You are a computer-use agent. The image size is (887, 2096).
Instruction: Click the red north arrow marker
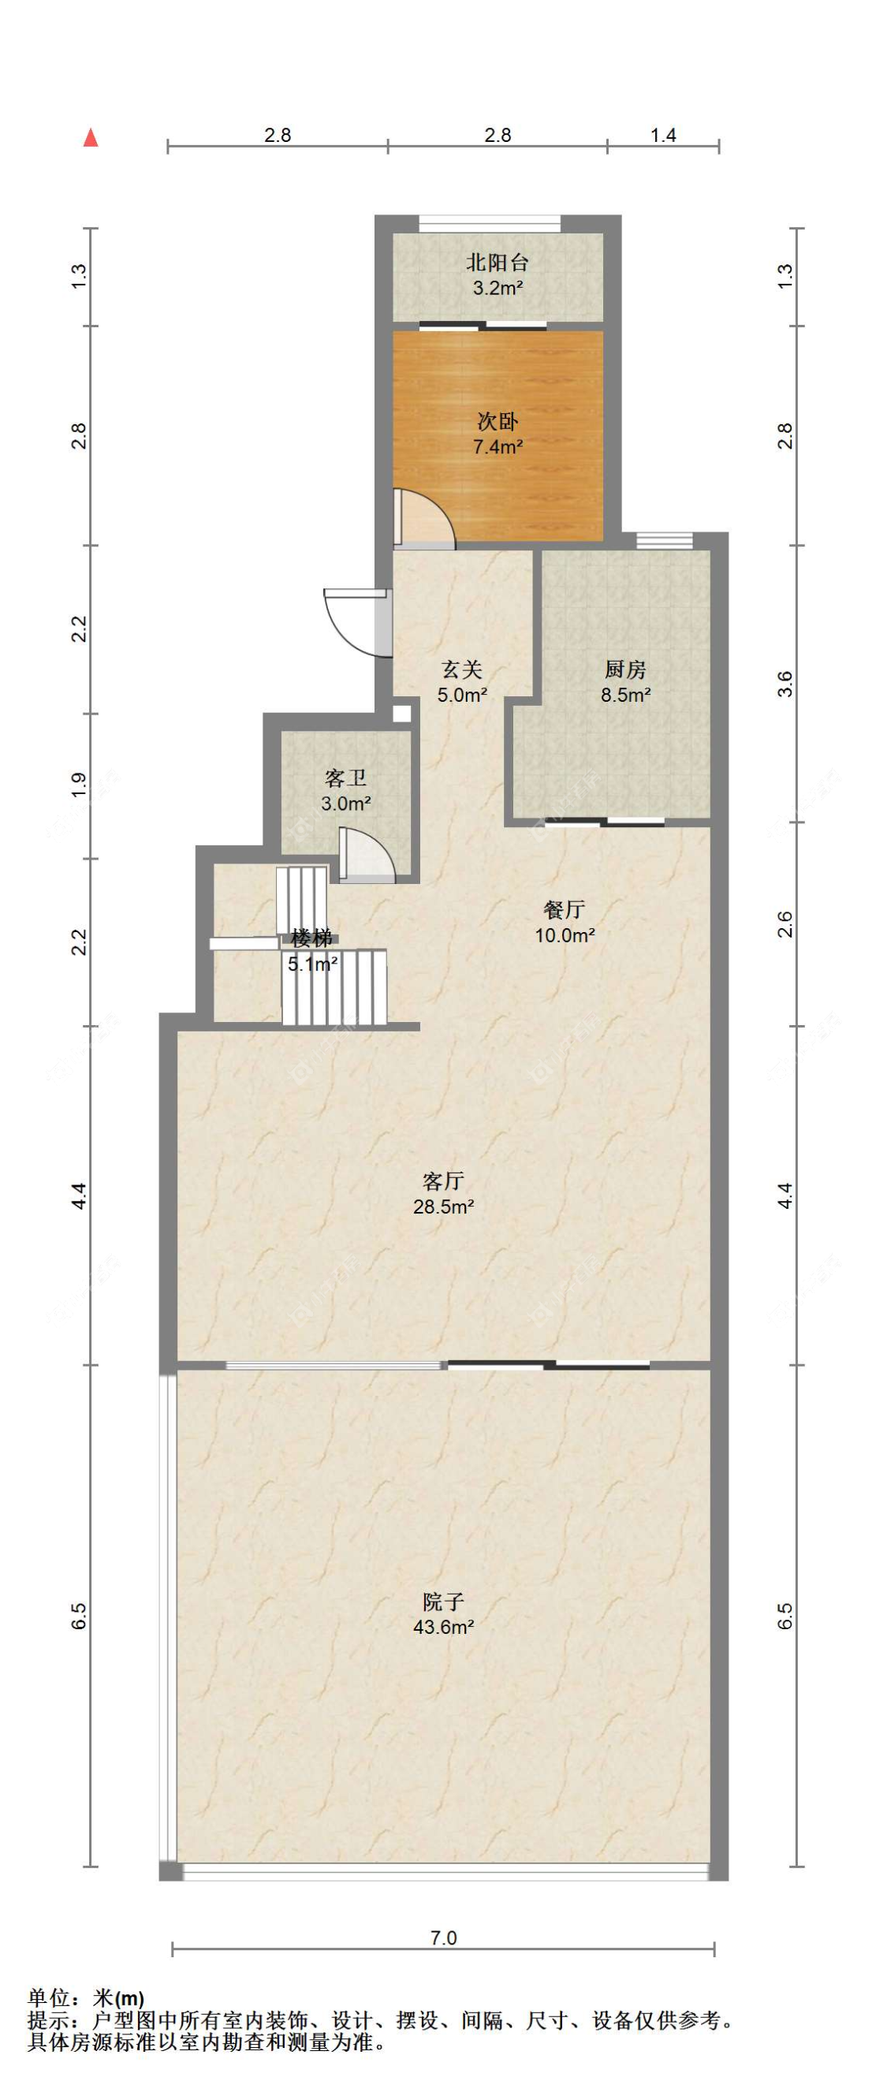91,138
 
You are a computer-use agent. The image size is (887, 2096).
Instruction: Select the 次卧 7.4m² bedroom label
498,434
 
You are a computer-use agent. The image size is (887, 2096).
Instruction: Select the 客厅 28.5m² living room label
443,1193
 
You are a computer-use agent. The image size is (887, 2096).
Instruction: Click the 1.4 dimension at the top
663,135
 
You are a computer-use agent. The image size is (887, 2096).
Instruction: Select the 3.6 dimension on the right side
785,684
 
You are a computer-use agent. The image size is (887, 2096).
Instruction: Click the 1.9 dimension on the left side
78,785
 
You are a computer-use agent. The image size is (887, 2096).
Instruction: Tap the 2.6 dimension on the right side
785,923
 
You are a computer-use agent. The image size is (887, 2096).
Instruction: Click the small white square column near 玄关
401,714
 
